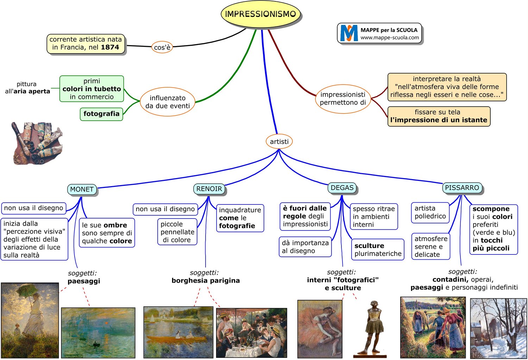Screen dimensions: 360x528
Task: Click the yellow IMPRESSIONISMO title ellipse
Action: point(260,14)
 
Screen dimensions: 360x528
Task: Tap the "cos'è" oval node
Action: point(162,47)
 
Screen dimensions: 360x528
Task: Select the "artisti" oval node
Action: point(279,141)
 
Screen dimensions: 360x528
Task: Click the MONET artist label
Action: point(82,189)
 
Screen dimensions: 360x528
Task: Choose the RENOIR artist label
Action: point(209,189)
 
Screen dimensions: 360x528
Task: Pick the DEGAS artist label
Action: point(342,188)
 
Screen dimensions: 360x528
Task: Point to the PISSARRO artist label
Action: point(462,188)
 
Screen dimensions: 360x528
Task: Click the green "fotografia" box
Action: point(101,114)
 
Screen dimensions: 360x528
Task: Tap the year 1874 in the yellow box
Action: point(110,48)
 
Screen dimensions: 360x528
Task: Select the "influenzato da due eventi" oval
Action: point(168,102)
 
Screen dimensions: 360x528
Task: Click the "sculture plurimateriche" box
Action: point(378,250)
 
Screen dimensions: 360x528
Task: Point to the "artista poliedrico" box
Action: point(430,213)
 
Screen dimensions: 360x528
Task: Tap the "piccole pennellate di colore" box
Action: point(177,232)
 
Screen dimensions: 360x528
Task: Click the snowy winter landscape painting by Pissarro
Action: point(498,328)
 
